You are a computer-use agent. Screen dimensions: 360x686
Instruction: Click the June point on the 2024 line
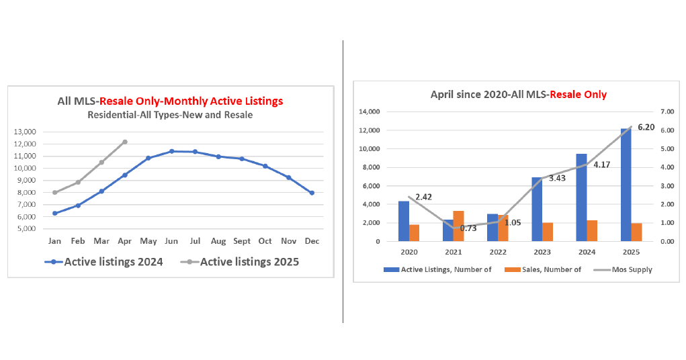click(171, 151)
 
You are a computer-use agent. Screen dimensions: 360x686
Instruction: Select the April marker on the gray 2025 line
click(125, 142)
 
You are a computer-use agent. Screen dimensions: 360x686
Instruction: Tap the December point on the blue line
click(312, 193)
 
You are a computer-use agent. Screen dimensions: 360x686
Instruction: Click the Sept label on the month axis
click(242, 240)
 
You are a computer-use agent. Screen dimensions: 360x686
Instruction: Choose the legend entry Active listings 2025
click(243, 262)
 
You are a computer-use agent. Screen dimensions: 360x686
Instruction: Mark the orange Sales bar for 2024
click(592, 230)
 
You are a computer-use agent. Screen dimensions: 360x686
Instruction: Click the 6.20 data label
click(646, 127)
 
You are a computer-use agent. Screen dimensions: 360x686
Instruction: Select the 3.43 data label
click(557, 178)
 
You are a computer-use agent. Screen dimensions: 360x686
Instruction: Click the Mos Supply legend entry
click(626, 270)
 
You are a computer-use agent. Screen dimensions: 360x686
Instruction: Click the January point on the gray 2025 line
click(55, 192)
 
